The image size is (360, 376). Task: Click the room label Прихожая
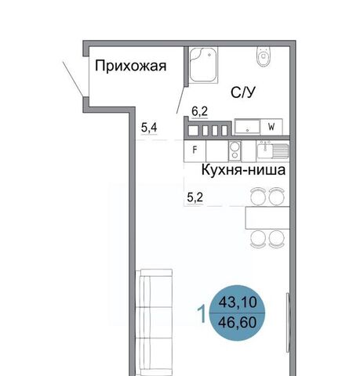click(x=130, y=67)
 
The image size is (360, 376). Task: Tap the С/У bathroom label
click(x=243, y=92)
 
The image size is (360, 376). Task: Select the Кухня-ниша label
click(x=243, y=170)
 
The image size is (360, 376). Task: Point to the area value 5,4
click(x=149, y=128)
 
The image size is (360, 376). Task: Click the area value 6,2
click(x=199, y=112)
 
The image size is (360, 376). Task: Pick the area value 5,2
click(x=195, y=197)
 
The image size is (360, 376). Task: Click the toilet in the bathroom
click(x=264, y=56)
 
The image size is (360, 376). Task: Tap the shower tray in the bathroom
click(x=204, y=65)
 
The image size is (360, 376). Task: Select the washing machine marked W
click(x=271, y=127)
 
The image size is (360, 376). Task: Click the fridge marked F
click(x=195, y=151)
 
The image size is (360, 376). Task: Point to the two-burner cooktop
click(x=235, y=151)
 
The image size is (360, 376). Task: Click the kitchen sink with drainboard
click(x=273, y=150)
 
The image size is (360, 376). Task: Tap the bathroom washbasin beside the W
click(x=247, y=127)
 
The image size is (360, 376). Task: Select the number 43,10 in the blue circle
click(x=238, y=302)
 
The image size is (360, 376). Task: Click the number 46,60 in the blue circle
click(x=238, y=322)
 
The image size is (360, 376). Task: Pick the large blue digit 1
click(x=202, y=314)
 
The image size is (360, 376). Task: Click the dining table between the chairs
click(x=267, y=218)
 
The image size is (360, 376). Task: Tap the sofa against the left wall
click(x=154, y=323)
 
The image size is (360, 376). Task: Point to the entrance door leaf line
click(x=73, y=78)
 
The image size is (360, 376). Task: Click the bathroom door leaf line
click(x=181, y=100)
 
